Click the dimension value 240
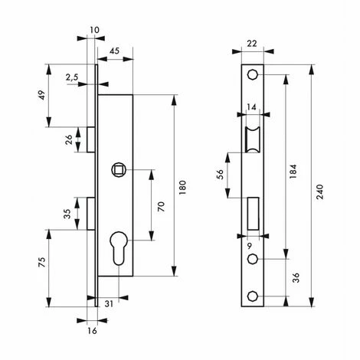click(319, 191)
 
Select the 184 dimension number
click(293, 171)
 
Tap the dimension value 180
click(182, 188)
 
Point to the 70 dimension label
click(161, 207)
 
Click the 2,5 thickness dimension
click(72, 77)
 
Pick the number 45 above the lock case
click(114, 51)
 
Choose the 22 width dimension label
click(252, 44)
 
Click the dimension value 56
click(220, 175)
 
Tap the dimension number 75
click(41, 262)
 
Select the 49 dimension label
click(42, 95)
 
